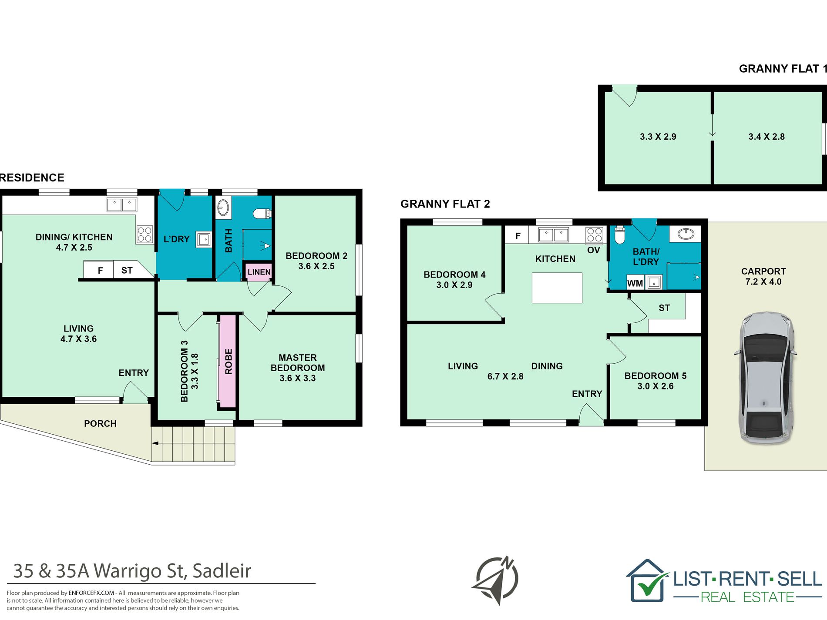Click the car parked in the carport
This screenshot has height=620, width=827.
click(765, 378)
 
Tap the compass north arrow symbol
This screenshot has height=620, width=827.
click(496, 580)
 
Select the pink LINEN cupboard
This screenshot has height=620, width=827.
click(259, 272)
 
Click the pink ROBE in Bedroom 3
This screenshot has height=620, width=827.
click(228, 361)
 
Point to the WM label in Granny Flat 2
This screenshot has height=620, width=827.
click(635, 283)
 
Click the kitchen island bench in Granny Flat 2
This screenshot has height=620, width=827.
click(557, 288)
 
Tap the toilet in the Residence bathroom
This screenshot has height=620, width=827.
click(262, 214)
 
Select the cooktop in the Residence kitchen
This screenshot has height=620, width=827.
click(145, 234)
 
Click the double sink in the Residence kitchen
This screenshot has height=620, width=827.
click(122, 204)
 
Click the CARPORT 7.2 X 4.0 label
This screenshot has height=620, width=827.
click(763, 276)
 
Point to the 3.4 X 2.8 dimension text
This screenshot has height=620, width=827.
click(766, 137)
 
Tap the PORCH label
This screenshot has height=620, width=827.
click(100, 423)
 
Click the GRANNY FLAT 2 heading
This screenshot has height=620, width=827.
click(445, 204)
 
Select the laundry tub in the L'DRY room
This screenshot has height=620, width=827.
click(204, 239)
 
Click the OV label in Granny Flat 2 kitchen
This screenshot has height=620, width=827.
click(594, 250)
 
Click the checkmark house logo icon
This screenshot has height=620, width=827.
click(648, 581)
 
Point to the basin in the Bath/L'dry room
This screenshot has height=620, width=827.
click(686, 234)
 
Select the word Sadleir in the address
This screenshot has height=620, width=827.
click(222, 571)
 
